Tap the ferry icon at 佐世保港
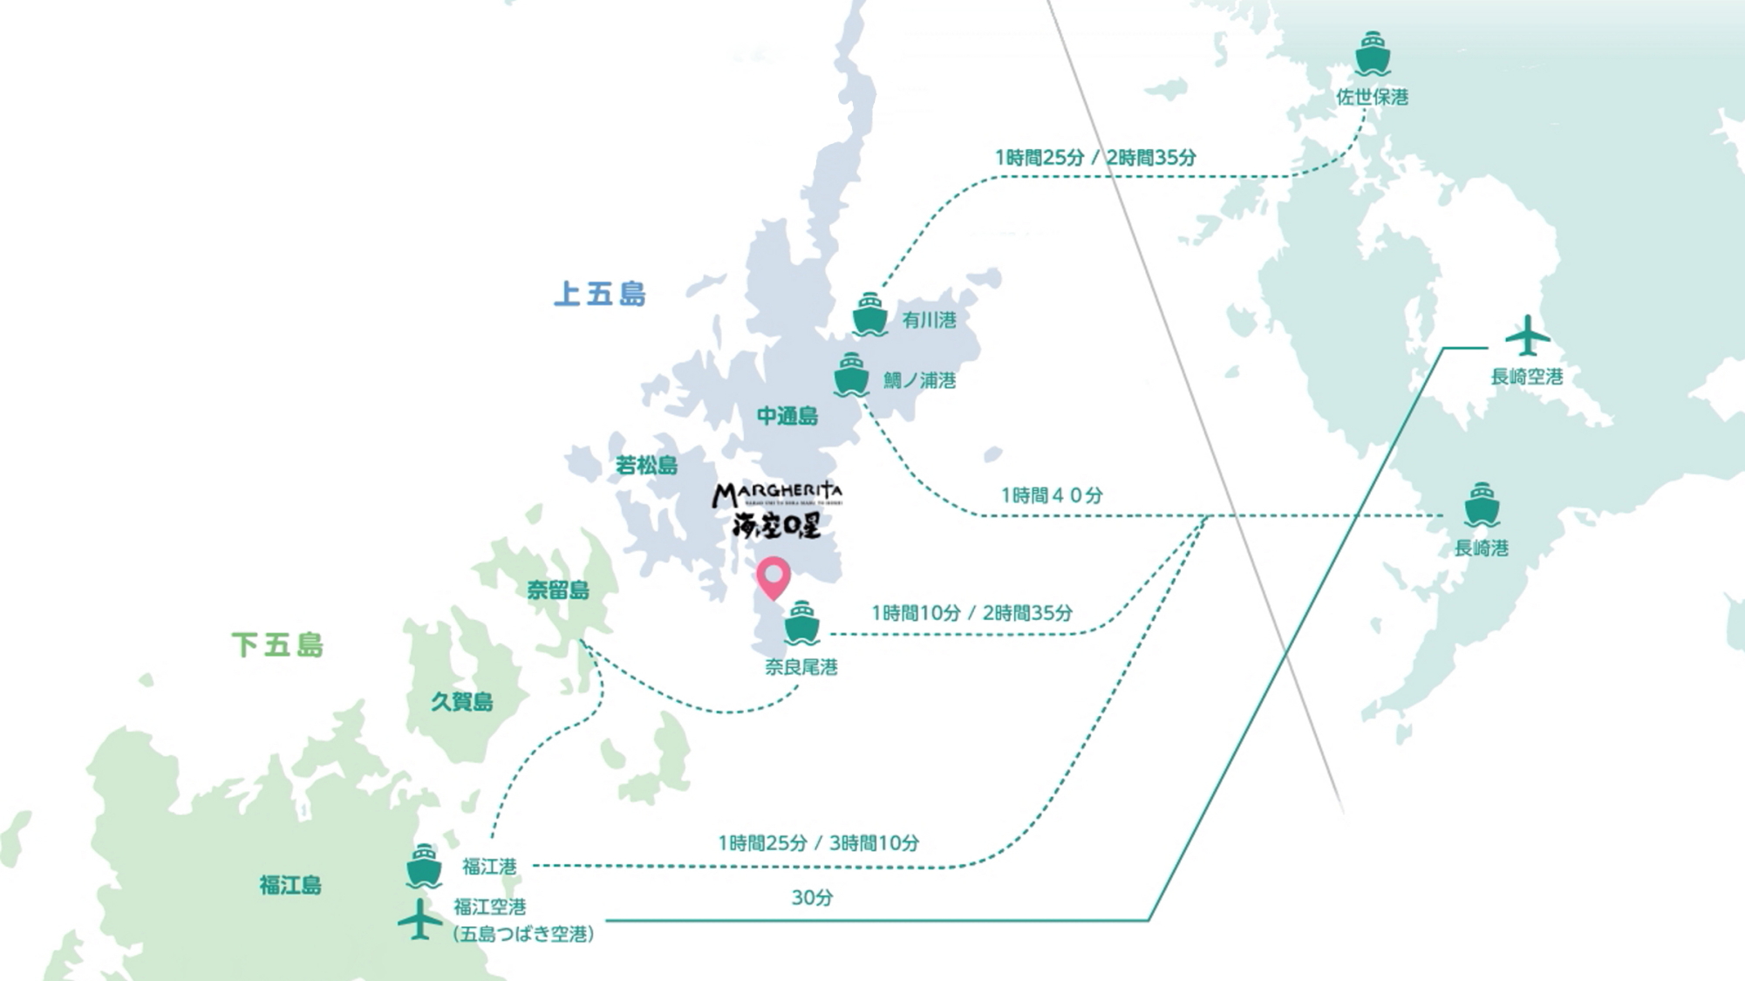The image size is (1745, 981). pos(1373,54)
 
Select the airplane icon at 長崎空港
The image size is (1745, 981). pos(1527,336)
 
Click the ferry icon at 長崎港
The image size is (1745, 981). pos(1481,505)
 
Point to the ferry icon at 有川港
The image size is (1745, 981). pos(869,315)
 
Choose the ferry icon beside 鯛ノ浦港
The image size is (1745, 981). pos(851,375)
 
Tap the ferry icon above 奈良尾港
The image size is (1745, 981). pos(801,623)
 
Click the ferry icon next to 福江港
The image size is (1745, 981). pos(424,865)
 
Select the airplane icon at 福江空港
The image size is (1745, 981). pos(419,919)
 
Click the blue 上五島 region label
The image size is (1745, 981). pos(600,294)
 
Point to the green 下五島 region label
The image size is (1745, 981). pos(278,645)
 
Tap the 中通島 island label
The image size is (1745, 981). pos(787,416)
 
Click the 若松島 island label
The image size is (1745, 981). pos(646,466)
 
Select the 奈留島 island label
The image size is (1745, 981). pos(558,590)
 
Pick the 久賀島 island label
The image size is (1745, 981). pos(462,701)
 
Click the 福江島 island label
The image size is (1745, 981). pos(290,885)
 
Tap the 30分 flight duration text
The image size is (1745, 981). pos(812,897)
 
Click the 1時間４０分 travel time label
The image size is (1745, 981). pos(1051,495)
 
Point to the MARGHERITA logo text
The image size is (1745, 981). pos(777,495)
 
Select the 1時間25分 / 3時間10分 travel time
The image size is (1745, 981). pos(818,843)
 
